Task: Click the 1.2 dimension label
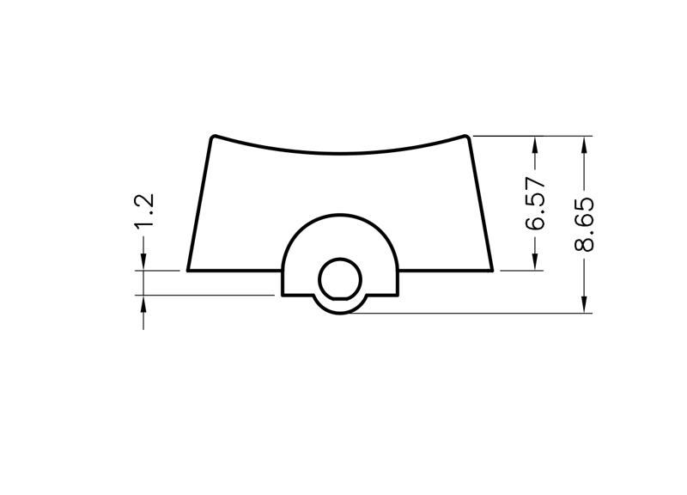tap(144, 211)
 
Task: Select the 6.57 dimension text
tap(535, 203)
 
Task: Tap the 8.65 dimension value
tap(584, 224)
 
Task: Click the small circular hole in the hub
tap(340, 279)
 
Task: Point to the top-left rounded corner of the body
tap(213, 137)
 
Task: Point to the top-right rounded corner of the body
tap(467, 137)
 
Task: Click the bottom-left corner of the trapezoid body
tap(188, 271)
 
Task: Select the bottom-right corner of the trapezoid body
tap(492, 271)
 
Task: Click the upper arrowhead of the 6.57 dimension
tap(535, 144)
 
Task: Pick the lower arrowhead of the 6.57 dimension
tap(535, 262)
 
